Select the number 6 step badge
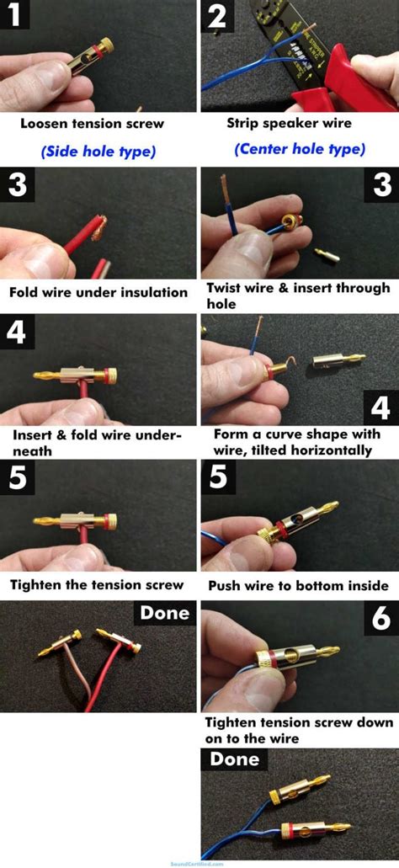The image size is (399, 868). [x=380, y=620]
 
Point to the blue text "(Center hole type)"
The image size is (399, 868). [x=298, y=149]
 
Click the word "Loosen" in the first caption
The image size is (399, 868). [x=44, y=123]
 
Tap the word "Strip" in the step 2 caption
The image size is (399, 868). [x=245, y=123]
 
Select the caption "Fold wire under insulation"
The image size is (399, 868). [x=98, y=293]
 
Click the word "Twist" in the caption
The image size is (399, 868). [x=226, y=288]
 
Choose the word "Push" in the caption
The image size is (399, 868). [x=226, y=585]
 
